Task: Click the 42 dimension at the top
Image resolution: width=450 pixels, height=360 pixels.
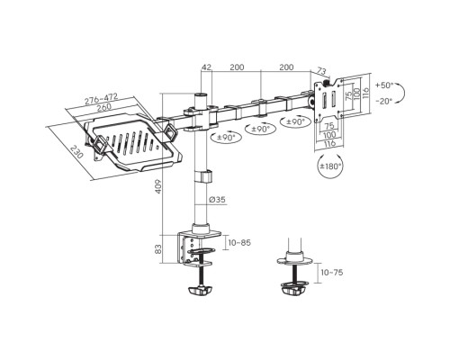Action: tap(206, 67)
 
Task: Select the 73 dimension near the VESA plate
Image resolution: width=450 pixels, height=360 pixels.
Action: tap(321, 71)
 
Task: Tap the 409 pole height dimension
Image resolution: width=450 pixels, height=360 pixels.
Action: tap(158, 186)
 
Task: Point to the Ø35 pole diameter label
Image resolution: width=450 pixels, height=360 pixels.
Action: tap(217, 200)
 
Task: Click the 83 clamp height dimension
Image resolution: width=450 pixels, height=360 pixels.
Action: tap(158, 249)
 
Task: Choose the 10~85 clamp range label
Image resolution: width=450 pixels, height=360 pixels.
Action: tap(239, 242)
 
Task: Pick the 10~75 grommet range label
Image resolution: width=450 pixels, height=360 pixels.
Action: tap(332, 273)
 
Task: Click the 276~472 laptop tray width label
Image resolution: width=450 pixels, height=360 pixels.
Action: tap(101, 99)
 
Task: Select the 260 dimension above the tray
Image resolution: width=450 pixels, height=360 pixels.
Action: tap(104, 107)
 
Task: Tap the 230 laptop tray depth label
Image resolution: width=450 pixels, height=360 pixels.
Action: tap(76, 152)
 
